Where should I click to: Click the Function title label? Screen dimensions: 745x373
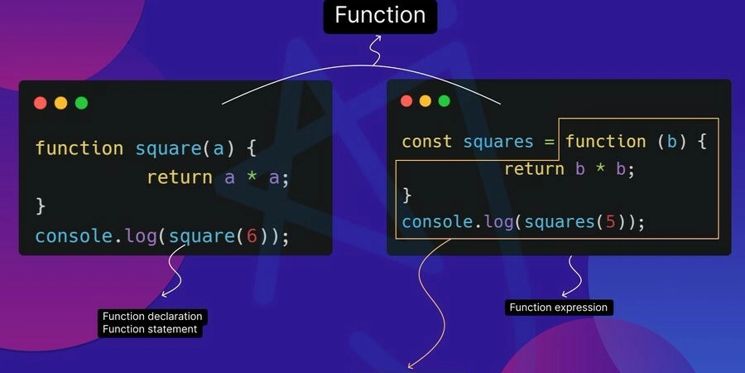pos(380,15)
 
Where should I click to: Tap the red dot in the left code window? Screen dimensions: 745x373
pos(41,103)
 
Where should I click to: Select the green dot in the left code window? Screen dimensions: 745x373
pos(81,103)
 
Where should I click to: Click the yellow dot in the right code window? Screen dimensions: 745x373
pos(425,101)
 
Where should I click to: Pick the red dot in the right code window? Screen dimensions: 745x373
pos(406,101)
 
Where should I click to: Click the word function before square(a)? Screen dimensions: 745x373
pos(79,148)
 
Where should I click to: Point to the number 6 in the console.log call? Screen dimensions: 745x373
pos(252,236)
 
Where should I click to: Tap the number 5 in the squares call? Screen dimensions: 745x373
pos(610,222)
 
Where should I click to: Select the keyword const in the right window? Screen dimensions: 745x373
pos(426,142)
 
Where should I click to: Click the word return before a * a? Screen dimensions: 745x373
pos(180,177)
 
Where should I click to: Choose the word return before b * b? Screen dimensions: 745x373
pos(534,169)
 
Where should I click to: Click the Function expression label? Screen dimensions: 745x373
pos(559,308)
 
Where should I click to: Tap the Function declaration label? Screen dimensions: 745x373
pos(152,317)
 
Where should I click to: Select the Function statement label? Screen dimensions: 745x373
pos(150,329)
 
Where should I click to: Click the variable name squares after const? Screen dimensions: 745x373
pos(498,143)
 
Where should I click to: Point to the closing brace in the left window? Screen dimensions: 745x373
pos(41,207)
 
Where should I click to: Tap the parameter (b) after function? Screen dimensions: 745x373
pos(672,142)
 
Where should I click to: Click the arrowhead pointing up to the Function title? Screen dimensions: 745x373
pos(377,37)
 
